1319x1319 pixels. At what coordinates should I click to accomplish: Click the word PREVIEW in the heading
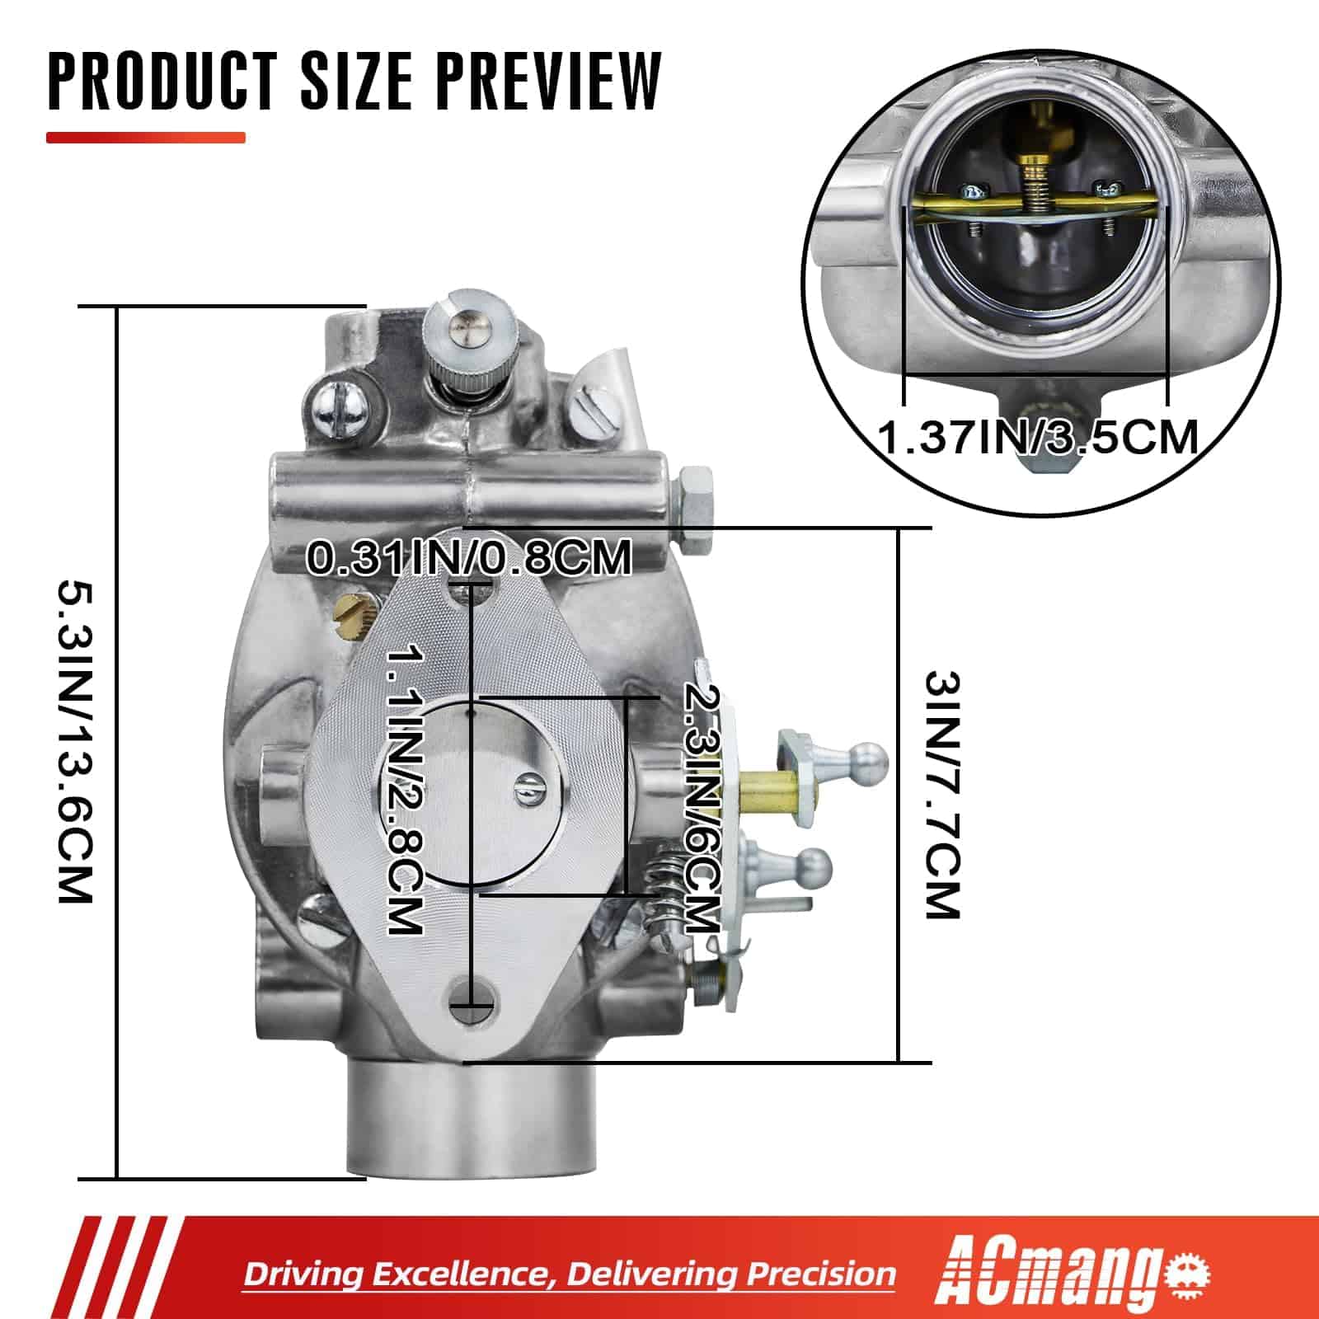tap(548, 81)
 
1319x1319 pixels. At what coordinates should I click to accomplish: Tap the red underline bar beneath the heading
tap(146, 138)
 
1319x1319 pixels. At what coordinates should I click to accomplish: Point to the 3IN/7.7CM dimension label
tap(942, 796)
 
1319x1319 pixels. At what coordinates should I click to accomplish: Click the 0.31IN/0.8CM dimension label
tap(469, 557)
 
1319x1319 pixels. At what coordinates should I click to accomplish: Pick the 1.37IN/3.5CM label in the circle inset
tap(1039, 435)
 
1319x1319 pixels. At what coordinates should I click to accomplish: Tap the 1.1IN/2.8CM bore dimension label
tap(406, 791)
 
